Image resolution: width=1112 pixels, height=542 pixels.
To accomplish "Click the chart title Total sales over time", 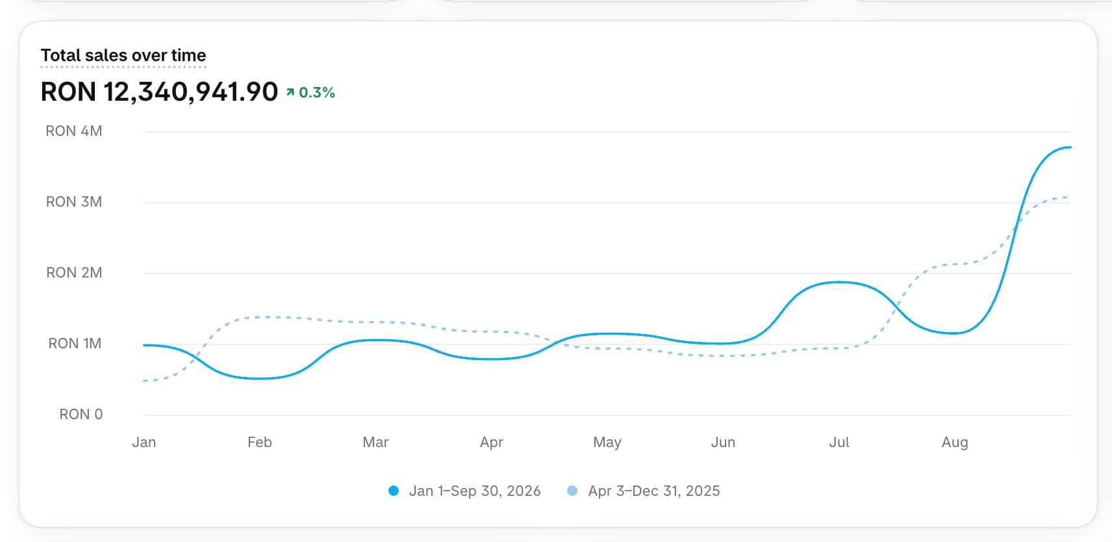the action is point(123,55).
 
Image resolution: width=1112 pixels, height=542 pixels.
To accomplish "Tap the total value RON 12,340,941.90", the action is point(159,92).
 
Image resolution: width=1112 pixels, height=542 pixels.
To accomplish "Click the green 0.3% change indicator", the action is point(310,92).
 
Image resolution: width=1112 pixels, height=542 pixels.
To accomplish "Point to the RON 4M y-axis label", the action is point(74,131).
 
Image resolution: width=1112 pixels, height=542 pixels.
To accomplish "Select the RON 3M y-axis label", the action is point(74,201).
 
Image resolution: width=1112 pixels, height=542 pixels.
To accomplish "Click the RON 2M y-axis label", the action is point(74,273).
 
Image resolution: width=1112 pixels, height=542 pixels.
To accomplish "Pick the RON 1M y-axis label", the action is point(75,343).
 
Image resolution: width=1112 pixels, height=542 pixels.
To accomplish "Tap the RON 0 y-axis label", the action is point(81,415).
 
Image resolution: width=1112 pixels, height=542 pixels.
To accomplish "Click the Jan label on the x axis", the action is point(144,442).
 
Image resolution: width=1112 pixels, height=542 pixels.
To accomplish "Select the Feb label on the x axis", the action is point(260,442).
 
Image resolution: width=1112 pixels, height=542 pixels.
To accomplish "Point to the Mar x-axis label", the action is point(376,442).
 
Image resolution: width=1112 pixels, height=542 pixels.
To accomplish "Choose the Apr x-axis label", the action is point(492,442).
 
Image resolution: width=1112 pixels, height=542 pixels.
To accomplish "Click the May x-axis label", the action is point(607,442).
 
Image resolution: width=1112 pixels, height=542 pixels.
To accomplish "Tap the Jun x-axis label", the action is point(724,442).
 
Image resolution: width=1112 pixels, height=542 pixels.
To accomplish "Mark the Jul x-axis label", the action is point(839,442).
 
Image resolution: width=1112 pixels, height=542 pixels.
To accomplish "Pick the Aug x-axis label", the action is point(955,442).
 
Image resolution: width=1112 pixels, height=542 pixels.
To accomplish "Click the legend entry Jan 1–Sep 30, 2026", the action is point(464,491).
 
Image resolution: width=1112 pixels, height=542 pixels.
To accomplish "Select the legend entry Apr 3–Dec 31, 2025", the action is point(644,491).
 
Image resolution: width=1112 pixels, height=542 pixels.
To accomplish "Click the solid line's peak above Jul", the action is point(839,282).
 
